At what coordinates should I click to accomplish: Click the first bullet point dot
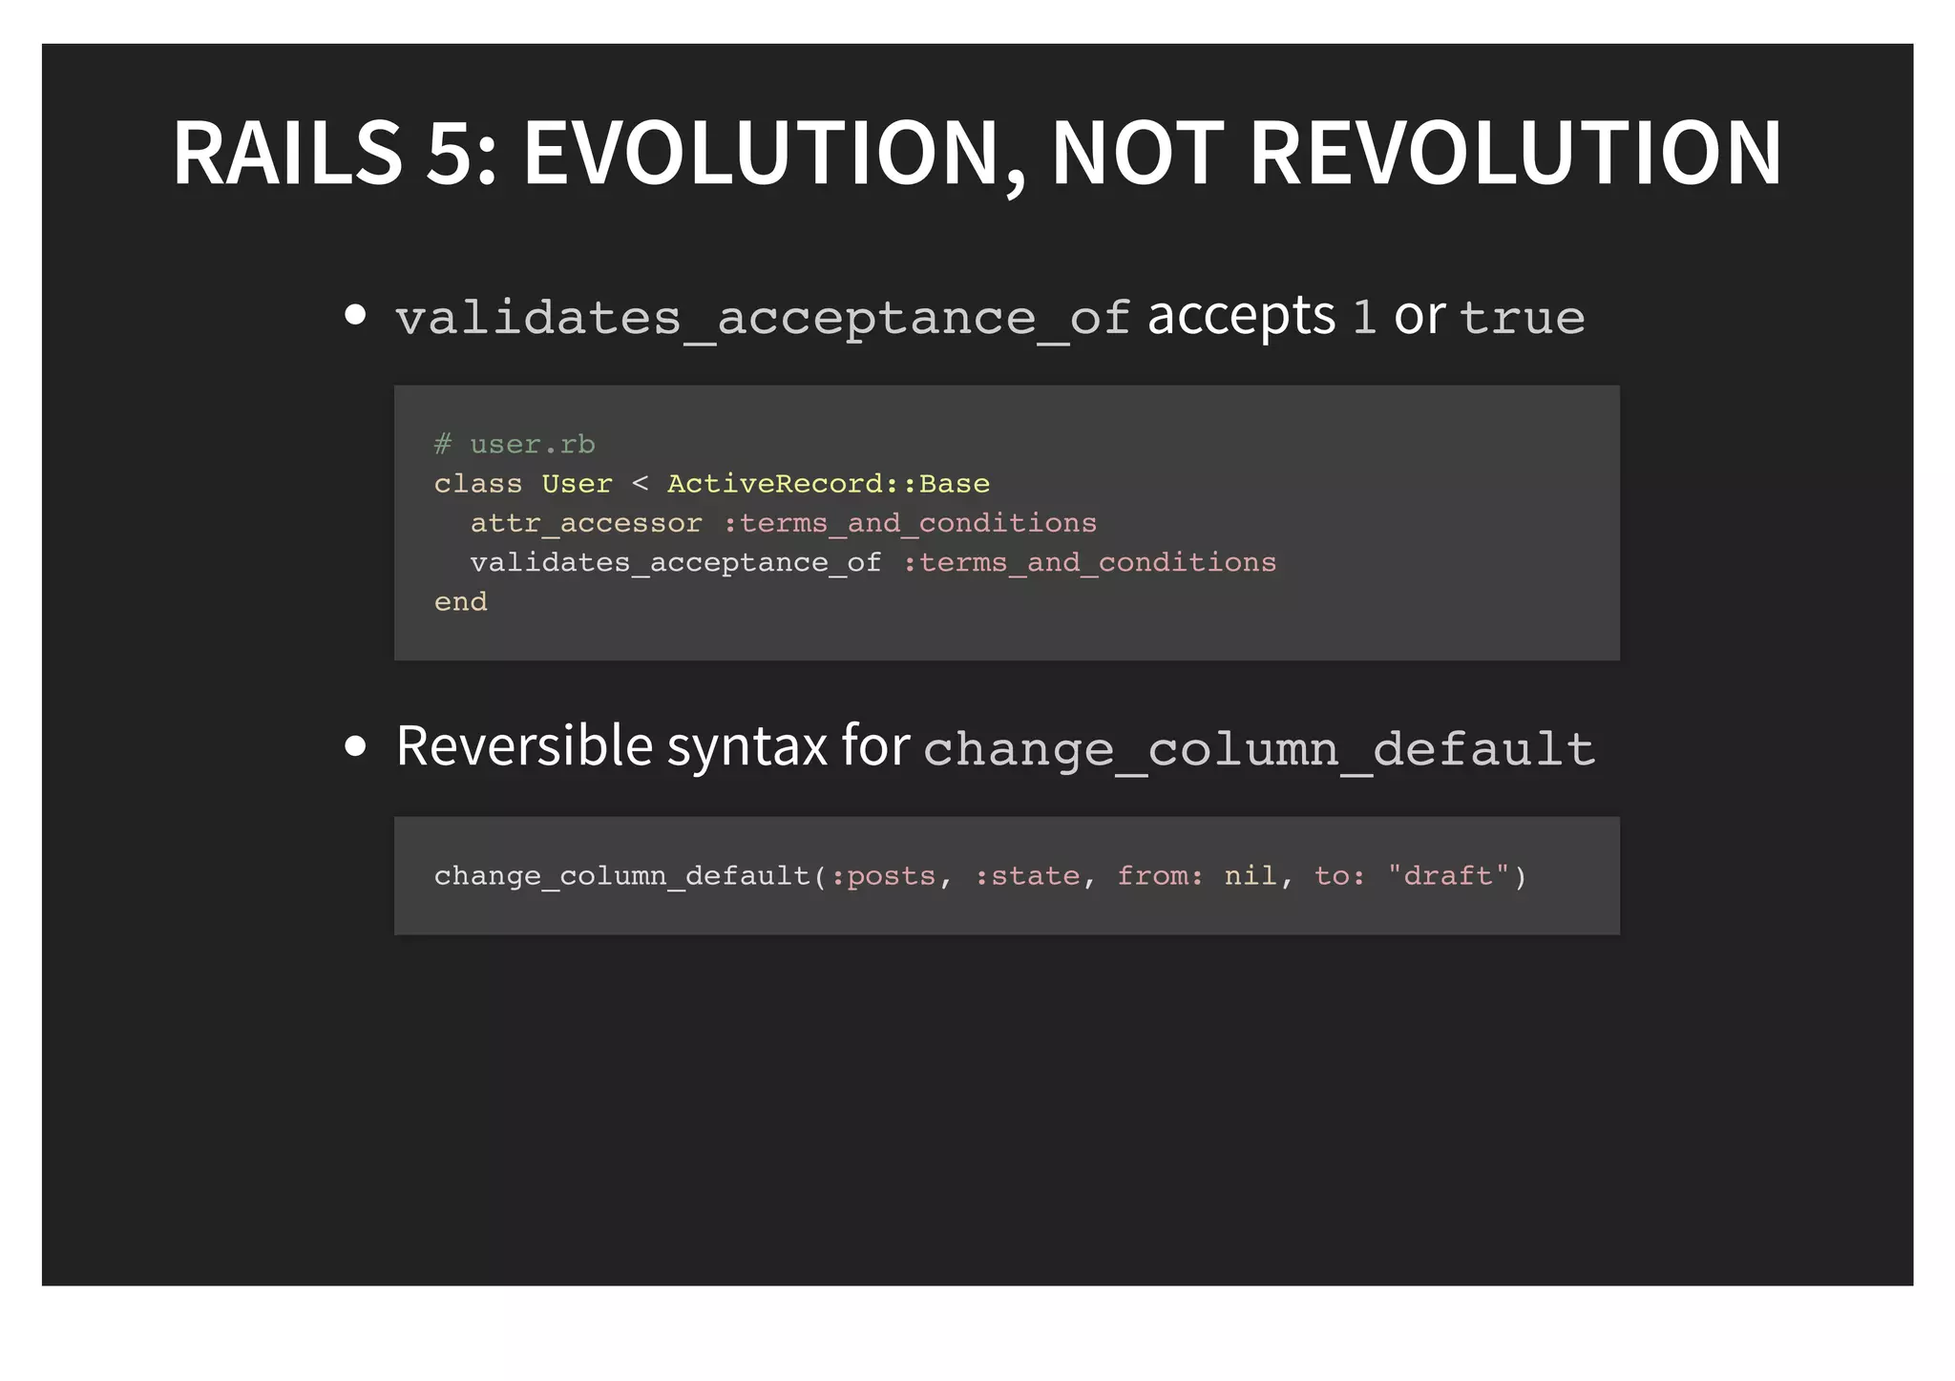(355, 315)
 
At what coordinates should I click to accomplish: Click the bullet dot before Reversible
(355, 746)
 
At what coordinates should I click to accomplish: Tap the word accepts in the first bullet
(1241, 317)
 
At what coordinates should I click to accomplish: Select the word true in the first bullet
(1523, 317)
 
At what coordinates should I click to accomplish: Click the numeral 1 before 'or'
(1364, 317)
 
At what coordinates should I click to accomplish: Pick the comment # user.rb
(515, 445)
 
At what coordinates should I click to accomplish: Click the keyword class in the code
(477, 484)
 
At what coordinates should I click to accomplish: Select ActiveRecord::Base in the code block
(828, 484)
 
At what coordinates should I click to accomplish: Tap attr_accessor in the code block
(586, 523)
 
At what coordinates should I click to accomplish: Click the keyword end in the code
(460, 602)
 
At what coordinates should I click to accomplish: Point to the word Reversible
(523, 745)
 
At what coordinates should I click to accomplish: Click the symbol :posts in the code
(883, 876)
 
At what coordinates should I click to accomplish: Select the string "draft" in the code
(1448, 876)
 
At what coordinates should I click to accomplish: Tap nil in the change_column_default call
(1251, 876)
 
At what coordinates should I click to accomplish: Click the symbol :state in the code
(1027, 876)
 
